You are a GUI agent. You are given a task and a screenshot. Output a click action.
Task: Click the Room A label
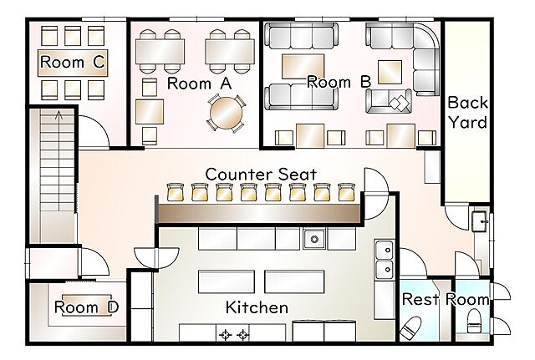[200, 84]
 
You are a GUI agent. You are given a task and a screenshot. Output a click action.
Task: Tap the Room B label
[339, 82]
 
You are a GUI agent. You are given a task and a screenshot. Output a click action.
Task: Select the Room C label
[73, 62]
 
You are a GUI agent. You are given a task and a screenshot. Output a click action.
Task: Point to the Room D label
[87, 307]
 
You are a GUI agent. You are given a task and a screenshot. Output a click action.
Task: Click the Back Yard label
[467, 113]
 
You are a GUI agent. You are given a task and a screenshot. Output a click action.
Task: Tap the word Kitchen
[257, 307]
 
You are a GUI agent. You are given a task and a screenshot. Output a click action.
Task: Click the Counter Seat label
[261, 175]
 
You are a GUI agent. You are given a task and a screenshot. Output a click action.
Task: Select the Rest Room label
[446, 299]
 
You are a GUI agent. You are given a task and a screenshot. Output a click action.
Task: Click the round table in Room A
[226, 114]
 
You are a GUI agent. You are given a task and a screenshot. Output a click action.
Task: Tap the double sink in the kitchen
[385, 260]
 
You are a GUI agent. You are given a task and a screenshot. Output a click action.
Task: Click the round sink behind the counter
[314, 240]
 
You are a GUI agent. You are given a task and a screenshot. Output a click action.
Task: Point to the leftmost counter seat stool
[176, 192]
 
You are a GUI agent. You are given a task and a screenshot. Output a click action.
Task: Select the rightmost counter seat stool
[347, 192]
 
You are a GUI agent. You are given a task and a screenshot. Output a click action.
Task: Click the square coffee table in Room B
[390, 72]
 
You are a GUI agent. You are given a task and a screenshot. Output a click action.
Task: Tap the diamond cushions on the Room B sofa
[400, 103]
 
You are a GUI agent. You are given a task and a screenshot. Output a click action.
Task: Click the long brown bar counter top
[259, 214]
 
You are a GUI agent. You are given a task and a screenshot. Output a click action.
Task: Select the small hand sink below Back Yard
[479, 222]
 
